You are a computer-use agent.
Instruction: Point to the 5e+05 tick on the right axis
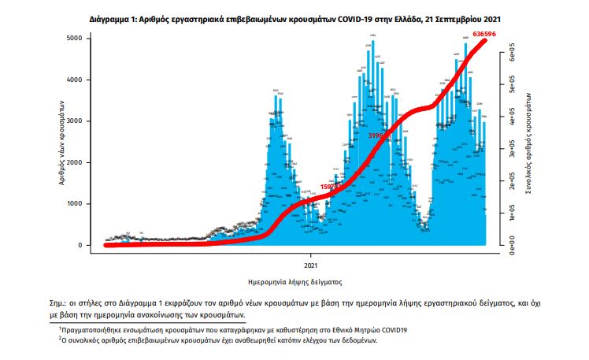[511, 89]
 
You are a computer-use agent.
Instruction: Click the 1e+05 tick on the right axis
[511, 213]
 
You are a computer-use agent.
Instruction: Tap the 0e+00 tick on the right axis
[511, 245]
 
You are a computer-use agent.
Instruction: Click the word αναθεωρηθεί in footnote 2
[234, 341]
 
